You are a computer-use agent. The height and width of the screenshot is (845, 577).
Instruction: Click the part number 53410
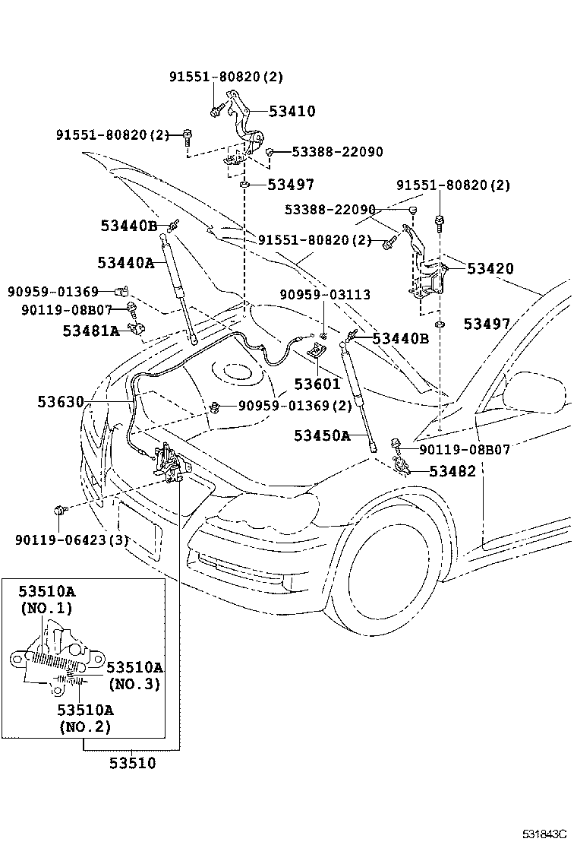pyautogui.click(x=292, y=112)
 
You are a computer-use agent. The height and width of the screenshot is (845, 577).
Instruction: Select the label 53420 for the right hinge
pyautogui.click(x=490, y=268)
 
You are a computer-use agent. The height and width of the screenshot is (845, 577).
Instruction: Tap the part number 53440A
pyautogui.click(x=125, y=263)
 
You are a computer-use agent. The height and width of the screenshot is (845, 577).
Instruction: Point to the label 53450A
pyautogui.click(x=323, y=435)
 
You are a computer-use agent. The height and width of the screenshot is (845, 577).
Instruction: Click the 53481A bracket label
pyautogui.click(x=91, y=331)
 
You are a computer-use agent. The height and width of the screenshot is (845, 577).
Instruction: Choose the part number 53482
pyautogui.click(x=452, y=471)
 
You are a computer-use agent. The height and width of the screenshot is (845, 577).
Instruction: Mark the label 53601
pyautogui.click(x=317, y=385)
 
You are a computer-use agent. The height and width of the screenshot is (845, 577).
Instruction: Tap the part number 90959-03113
pyautogui.click(x=325, y=295)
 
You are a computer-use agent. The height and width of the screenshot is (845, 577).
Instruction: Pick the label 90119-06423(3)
pyautogui.click(x=72, y=540)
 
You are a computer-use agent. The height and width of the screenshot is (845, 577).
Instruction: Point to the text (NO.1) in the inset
pyautogui.click(x=46, y=608)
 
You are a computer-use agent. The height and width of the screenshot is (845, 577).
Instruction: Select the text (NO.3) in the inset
pyautogui.click(x=134, y=684)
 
